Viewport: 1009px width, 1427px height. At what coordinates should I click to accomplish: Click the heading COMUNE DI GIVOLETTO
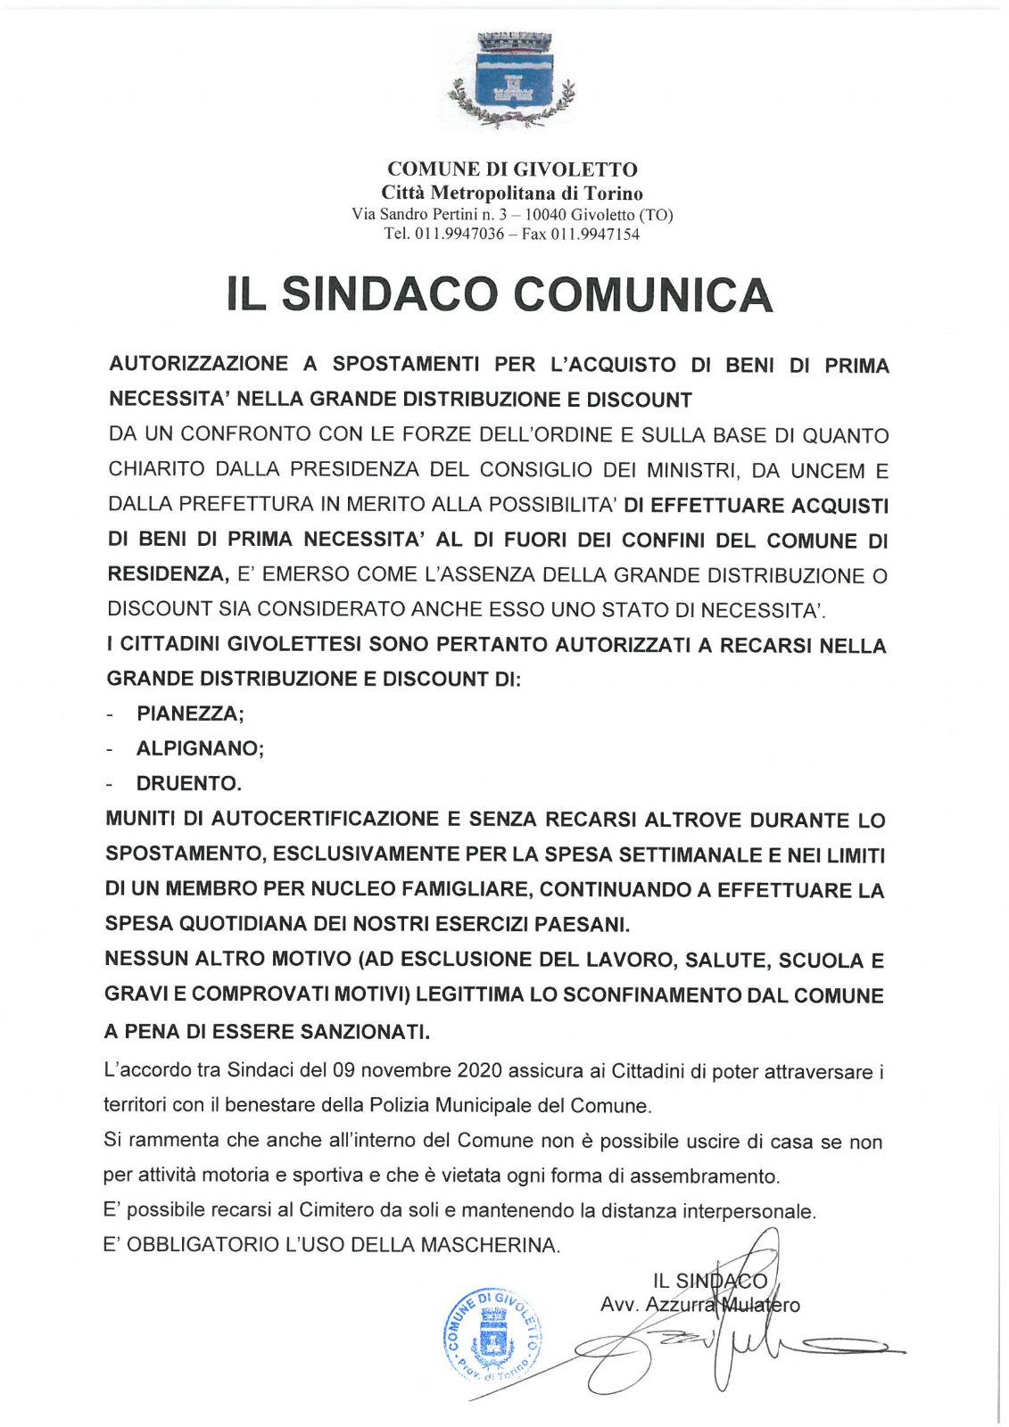[x=512, y=169]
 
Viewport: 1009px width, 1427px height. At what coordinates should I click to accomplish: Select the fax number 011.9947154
[x=595, y=235]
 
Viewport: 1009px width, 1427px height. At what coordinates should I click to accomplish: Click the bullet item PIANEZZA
[x=189, y=713]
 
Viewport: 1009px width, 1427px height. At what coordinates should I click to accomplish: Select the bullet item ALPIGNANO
[x=199, y=748]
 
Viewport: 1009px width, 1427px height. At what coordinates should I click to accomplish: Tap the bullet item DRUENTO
[x=187, y=784]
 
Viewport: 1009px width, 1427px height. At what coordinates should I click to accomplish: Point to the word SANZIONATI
[x=364, y=1032]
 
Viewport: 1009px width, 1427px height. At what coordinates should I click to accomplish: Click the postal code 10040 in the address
[x=545, y=215]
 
